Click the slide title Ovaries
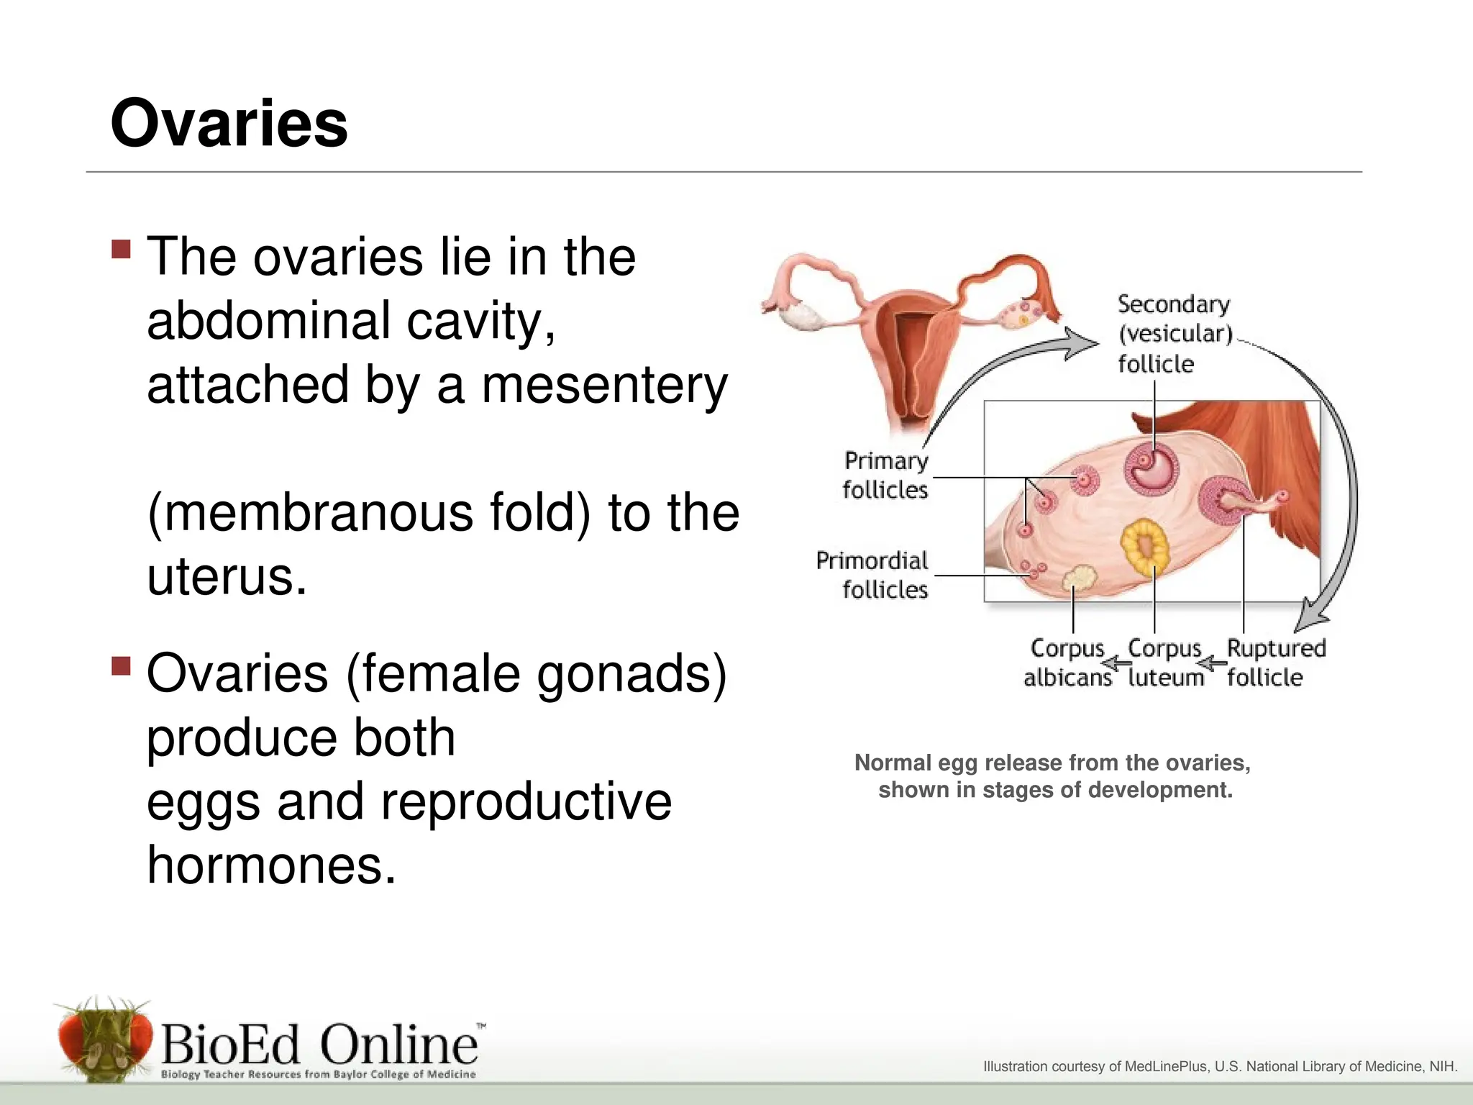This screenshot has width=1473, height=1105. (x=229, y=124)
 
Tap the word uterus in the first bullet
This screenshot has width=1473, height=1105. (x=227, y=577)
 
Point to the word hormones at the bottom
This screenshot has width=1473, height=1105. (x=271, y=865)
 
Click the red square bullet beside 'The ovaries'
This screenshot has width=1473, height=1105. (x=122, y=249)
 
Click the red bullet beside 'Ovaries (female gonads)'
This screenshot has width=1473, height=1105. (x=122, y=665)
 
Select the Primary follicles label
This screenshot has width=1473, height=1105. (x=885, y=475)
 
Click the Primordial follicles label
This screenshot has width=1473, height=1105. (x=872, y=575)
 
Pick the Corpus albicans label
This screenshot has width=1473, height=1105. (x=1067, y=663)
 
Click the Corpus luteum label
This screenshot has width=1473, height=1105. (x=1165, y=663)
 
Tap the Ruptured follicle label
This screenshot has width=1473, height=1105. (x=1275, y=663)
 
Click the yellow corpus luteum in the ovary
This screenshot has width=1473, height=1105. (x=1145, y=546)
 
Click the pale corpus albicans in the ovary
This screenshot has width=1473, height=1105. (x=1079, y=578)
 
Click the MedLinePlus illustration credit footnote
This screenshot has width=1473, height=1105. (x=1220, y=1066)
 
